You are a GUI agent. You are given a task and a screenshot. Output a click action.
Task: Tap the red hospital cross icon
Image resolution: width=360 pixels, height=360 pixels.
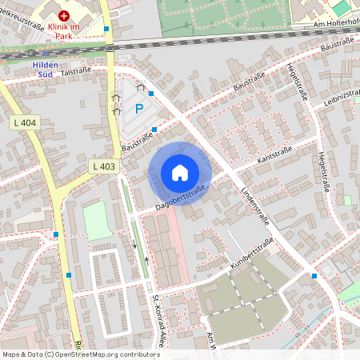[x=64, y=15]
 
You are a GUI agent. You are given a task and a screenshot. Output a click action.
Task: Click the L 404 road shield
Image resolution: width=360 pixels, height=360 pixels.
[x=26, y=123]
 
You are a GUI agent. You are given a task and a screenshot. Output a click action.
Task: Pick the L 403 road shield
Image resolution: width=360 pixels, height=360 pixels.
[x=104, y=166]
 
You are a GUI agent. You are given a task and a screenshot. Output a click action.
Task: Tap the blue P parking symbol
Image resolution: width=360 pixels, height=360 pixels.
[x=138, y=109]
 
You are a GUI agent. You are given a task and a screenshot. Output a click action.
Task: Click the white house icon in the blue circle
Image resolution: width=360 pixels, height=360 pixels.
[x=180, y=173]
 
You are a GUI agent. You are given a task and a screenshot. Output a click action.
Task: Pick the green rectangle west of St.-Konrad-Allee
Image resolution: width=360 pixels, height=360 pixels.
[x=98, y=220]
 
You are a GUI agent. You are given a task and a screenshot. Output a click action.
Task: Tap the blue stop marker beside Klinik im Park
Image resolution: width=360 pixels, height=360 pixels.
[x=106, y=29]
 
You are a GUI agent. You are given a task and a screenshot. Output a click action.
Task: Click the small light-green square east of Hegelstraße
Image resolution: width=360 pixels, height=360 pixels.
[x=347, y=200]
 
